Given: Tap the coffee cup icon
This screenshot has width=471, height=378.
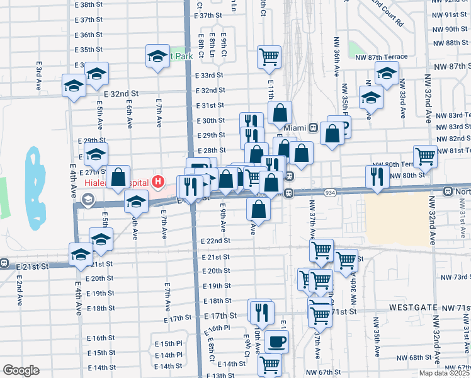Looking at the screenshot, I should click(276, 341).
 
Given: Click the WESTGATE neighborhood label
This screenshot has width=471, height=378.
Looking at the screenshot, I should click(413, 307).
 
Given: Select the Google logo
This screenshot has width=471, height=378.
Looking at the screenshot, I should click(21, 370).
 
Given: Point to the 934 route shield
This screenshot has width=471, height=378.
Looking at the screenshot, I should click(329, 192).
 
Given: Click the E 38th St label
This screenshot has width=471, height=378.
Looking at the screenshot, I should click(88, 4).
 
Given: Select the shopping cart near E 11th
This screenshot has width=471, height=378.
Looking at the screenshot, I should click(269, 57).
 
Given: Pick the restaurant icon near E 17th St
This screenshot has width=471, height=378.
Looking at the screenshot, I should click(261, 311).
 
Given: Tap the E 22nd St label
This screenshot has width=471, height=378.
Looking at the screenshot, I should click(215, 241).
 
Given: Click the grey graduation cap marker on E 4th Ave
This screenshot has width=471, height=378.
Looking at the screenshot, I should click(86, 200).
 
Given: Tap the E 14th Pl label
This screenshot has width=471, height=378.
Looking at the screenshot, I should click(168, 355).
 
